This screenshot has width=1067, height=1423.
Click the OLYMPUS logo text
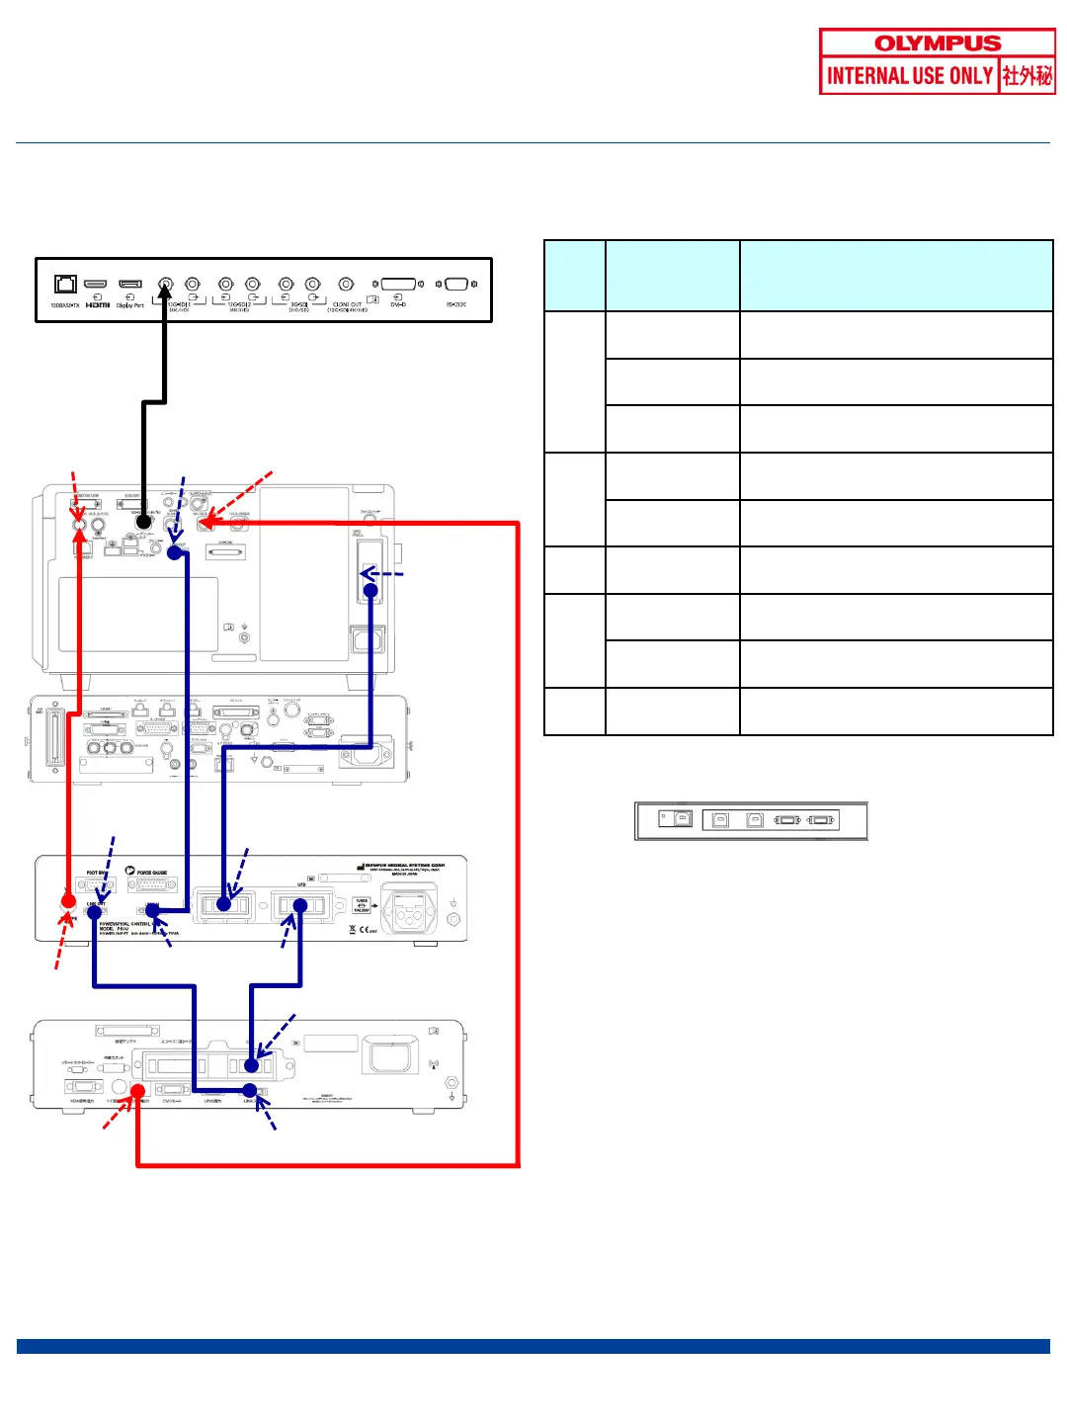(x=938, y=43)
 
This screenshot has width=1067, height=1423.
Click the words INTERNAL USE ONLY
(x=909, y=76)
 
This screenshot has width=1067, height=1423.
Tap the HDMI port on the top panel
(x=96, y=285)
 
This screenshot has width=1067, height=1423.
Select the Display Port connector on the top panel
(x=129, y=285)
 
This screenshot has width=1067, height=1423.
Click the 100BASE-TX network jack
(x=65, y=285)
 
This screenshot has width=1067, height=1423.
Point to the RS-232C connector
(x=455, y=285)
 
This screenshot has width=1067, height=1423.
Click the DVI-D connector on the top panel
(x=398, y=285)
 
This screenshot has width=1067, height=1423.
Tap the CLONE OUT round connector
(x=346, y=285)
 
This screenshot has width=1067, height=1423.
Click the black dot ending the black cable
(x=143, y=522)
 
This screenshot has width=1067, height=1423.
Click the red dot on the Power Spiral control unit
(x=68, y=901)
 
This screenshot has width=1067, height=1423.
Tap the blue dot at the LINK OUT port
(x=94, y=912)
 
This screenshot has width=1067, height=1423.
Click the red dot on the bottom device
(x=137, y=1092)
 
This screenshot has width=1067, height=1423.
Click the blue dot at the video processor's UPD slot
(x=370, y=591)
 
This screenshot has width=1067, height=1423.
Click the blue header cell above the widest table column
(x=896, y=276)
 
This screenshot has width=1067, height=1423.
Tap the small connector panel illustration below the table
(x=751, y=820)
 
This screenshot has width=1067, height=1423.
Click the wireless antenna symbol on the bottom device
(x=433, y=1065)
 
